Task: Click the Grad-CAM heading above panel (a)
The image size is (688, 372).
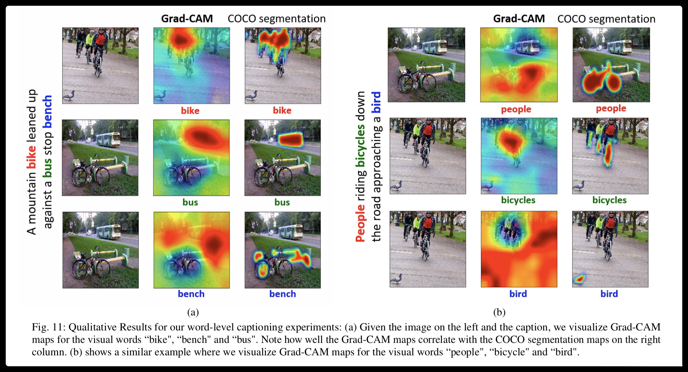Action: click(187, 19)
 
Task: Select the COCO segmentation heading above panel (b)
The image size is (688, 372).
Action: click(606, 19)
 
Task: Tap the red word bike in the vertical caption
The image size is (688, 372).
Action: click(31, 157)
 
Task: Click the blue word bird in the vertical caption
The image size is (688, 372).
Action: click(377, 102)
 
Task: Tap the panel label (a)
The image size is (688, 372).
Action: click(193, 312)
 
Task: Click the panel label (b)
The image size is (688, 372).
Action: click(499, 312)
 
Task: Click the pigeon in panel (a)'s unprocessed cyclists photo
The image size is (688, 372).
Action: click(69, 95)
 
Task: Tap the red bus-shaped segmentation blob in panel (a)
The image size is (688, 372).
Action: click(290, 139)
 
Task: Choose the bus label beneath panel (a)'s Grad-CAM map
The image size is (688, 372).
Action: click(190, 202)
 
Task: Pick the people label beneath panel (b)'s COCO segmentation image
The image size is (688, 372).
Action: click(611, 108)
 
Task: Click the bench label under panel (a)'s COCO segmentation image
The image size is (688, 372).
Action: click(282, 294)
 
